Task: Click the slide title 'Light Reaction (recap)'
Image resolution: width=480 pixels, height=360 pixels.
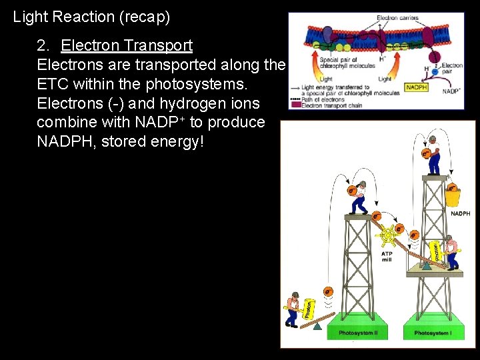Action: click(x=91, y=17)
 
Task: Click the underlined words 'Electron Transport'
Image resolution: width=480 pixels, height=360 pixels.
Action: click(x=127, y=46)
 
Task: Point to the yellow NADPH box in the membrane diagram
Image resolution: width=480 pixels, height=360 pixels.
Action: click(x=416, y=87)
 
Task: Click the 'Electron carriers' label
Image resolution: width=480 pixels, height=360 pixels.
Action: click(x=397, y=17)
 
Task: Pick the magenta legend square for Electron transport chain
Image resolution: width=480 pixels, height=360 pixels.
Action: click(x=293, y=105)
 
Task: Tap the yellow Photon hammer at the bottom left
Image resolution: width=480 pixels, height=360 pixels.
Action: click(x=308, y=310)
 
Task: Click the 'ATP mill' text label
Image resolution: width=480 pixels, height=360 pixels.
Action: click(x=387, y=257)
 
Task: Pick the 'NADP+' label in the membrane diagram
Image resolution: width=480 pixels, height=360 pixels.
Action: click(x=454, y=90)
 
